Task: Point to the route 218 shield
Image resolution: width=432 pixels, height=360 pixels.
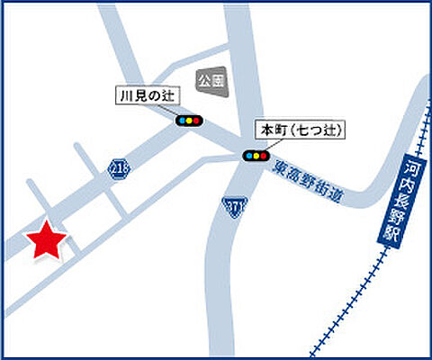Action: point(116,168)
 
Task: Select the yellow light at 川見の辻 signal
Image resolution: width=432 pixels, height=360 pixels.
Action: point(189,118)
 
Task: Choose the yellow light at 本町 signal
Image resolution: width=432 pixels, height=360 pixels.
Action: point(256,155)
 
